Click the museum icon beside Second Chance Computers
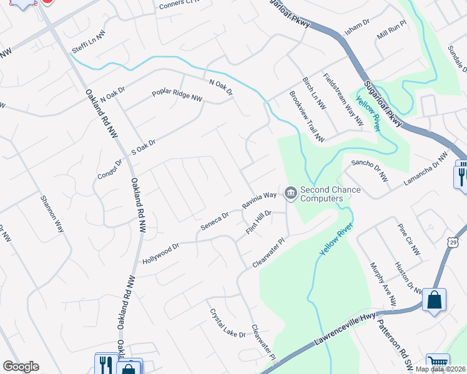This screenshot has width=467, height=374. coord(290,194)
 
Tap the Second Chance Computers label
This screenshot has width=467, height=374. coord(322,194)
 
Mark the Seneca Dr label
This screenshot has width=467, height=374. coord(214,222)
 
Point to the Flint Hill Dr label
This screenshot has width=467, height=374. coord(259,223)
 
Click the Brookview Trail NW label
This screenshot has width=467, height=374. coord(306,116)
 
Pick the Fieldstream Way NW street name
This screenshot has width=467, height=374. coord(343,100)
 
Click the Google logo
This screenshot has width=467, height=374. coord(21,367)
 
